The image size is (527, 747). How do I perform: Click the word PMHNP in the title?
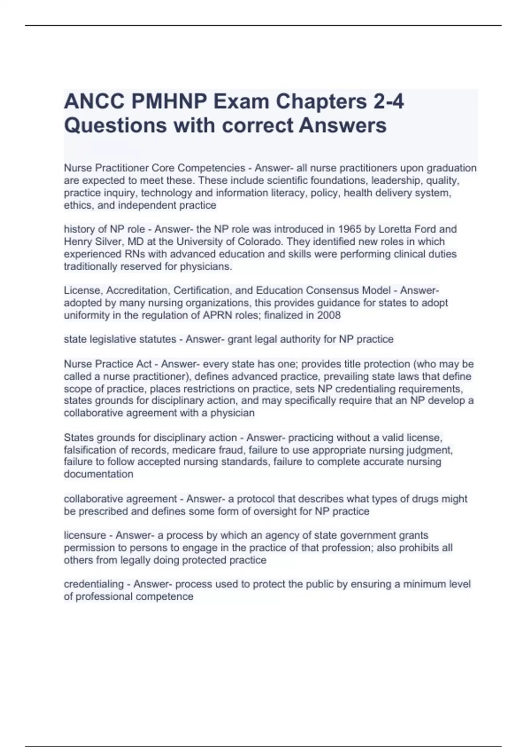click(169, 102)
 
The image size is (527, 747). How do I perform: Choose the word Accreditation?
click(137, 290)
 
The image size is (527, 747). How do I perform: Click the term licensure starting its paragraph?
click(85, 535)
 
